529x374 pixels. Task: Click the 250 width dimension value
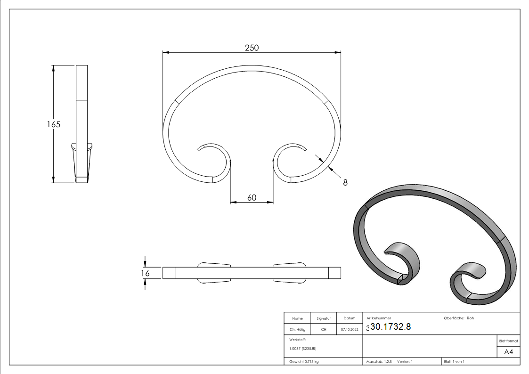(252, 48)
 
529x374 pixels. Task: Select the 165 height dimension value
(54, 124)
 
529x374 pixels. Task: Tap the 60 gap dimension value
(252, 197)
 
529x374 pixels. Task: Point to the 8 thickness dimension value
(345, 182)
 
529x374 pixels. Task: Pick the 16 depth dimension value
(145, 273)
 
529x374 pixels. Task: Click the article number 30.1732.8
(391, 327)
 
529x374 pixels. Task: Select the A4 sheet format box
(508, 352)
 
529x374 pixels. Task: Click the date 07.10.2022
(349, 329)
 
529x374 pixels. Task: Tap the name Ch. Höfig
(297, 329)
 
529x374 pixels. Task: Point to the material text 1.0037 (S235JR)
(303, 348)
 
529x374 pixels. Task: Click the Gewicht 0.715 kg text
(304, 361)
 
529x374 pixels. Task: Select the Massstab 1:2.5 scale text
(379, 361)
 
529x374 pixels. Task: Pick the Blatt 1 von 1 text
(454, 361)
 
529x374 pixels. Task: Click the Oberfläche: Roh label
(459, 318)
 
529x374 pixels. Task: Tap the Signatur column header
(323, 318)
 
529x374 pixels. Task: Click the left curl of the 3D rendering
(403, 261)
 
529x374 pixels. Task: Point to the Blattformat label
(508, 341)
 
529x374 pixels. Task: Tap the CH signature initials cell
(323, 329)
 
